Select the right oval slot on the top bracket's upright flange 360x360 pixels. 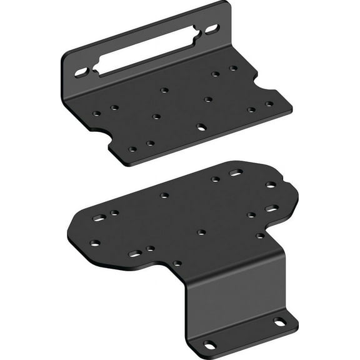[212, 28]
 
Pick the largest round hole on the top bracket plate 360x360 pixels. [201, 127]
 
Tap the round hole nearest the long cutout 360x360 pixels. [164, 90]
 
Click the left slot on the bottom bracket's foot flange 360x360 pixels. [208, 343]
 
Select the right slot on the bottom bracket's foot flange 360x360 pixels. [279, 321]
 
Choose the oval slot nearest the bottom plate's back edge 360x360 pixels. [236, 172]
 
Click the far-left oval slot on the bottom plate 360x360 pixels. [99, 218]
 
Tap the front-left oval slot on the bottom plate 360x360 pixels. [135, 254]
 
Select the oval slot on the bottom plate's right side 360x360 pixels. [271, 208]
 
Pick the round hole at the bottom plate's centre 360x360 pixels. [201, 232]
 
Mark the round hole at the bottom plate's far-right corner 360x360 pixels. [271, 185]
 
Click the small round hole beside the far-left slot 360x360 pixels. [114, 213]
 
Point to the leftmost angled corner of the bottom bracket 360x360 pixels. [67, 232]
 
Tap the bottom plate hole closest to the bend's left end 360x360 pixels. [177, 263]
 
